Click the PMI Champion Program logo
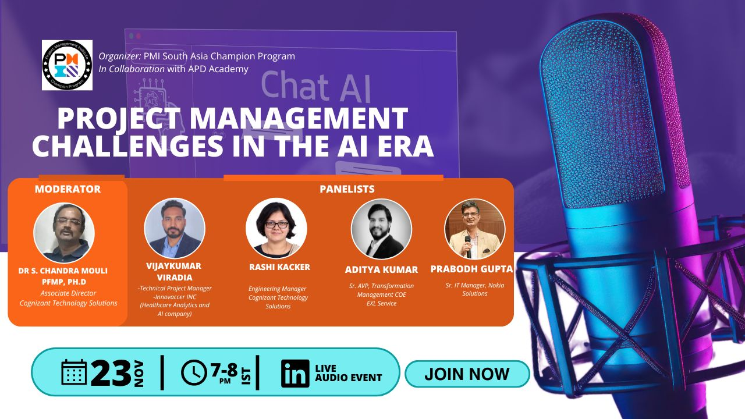[67, 65]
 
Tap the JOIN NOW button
[467, 374]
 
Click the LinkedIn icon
[295, 374]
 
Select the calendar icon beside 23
[74, 372]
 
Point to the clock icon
[194, 372]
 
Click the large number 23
[111, 373]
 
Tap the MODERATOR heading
[68, 189]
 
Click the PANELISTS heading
[347, 189]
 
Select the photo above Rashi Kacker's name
[276, 228]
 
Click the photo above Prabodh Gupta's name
[474, 229]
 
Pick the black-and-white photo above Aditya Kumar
[381, 229]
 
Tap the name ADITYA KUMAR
[381, 269]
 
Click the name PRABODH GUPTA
[471, 269]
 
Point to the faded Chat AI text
[315, 87]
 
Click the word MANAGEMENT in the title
[299, 118]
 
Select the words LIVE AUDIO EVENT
[348, 373]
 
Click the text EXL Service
[381, 303]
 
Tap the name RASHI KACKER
[279, 267]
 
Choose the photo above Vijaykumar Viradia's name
[175, 228]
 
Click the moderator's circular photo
[64, 233]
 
